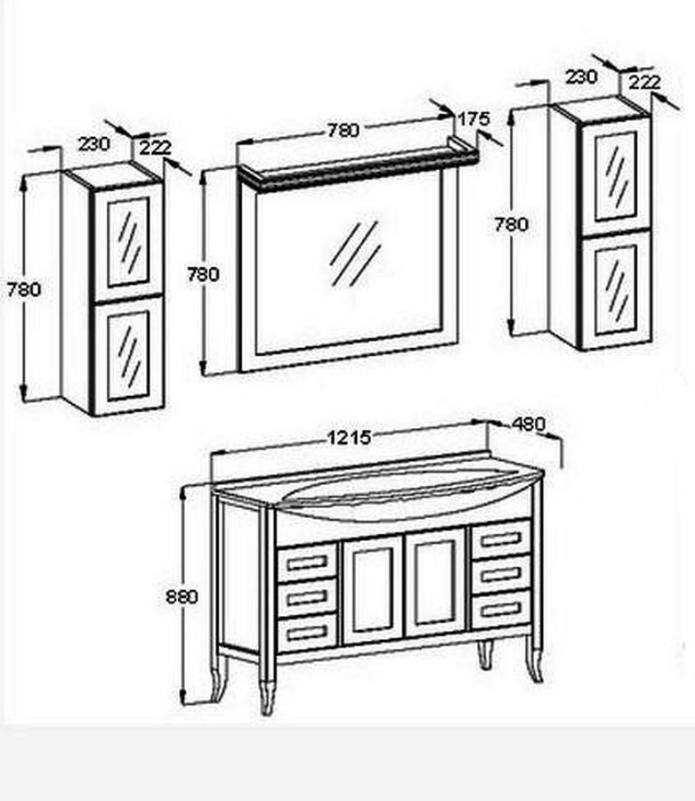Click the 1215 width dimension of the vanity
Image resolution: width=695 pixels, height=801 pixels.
349,438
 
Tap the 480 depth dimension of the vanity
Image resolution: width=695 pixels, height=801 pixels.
529,424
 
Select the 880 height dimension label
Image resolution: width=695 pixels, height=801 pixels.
182,596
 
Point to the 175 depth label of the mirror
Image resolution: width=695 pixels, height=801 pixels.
473,119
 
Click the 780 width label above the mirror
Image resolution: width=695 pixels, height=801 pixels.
343,131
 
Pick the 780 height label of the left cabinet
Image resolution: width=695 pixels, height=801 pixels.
23,289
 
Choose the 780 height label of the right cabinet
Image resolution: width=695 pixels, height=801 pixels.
511,224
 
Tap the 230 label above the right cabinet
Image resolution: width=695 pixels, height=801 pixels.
581,77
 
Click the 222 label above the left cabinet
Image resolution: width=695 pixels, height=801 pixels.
155,148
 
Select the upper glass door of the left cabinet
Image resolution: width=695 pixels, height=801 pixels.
129,241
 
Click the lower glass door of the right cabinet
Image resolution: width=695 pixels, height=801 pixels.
617,290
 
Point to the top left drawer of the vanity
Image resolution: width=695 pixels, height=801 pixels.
307,563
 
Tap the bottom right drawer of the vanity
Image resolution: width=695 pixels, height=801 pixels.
502,610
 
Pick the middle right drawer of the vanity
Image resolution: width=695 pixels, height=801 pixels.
502,574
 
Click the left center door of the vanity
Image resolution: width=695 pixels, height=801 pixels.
373,589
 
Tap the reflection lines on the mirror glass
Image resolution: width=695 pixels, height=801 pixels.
356,254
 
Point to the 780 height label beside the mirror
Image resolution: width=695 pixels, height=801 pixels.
203,274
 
